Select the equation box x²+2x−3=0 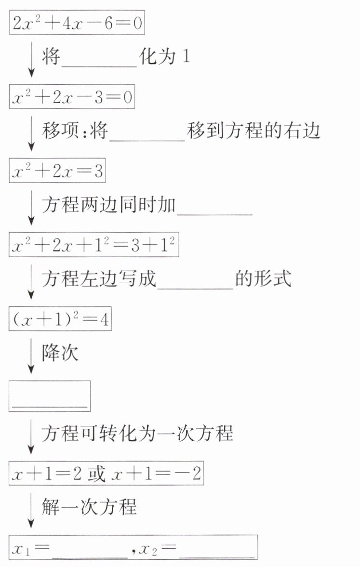tap(72, 99)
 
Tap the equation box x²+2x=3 tap(57, 171)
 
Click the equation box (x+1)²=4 tap(60, 320)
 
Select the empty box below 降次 tap(50, 396)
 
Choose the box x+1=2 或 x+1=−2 tap(106, 475)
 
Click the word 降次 tap(60, 354)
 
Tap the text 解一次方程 tap(89, 507)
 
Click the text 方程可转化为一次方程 tap(137, 434)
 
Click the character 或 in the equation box tap(96, 475)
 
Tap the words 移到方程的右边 tap(254, 131)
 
